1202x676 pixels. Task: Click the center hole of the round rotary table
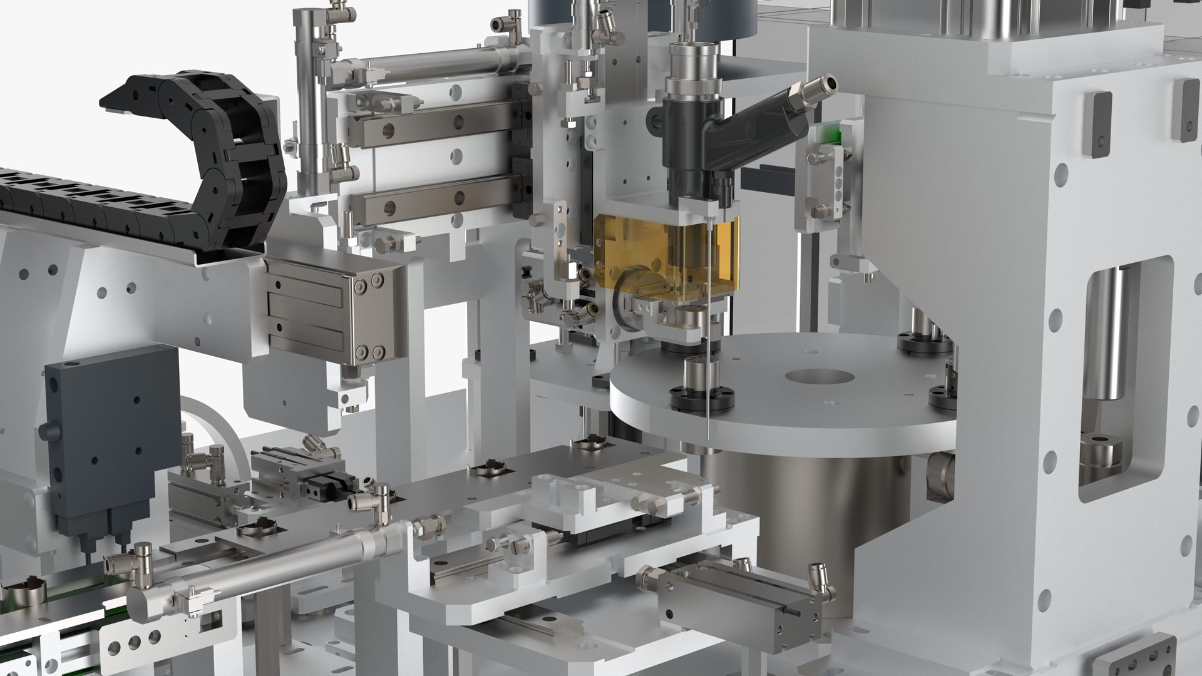pyautogui.click(x=821, y=377)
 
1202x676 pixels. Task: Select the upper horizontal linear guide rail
pyautogui.click(x=432, y=128)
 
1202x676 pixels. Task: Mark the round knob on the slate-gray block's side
pyautogui.click(x=45, y=431)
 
